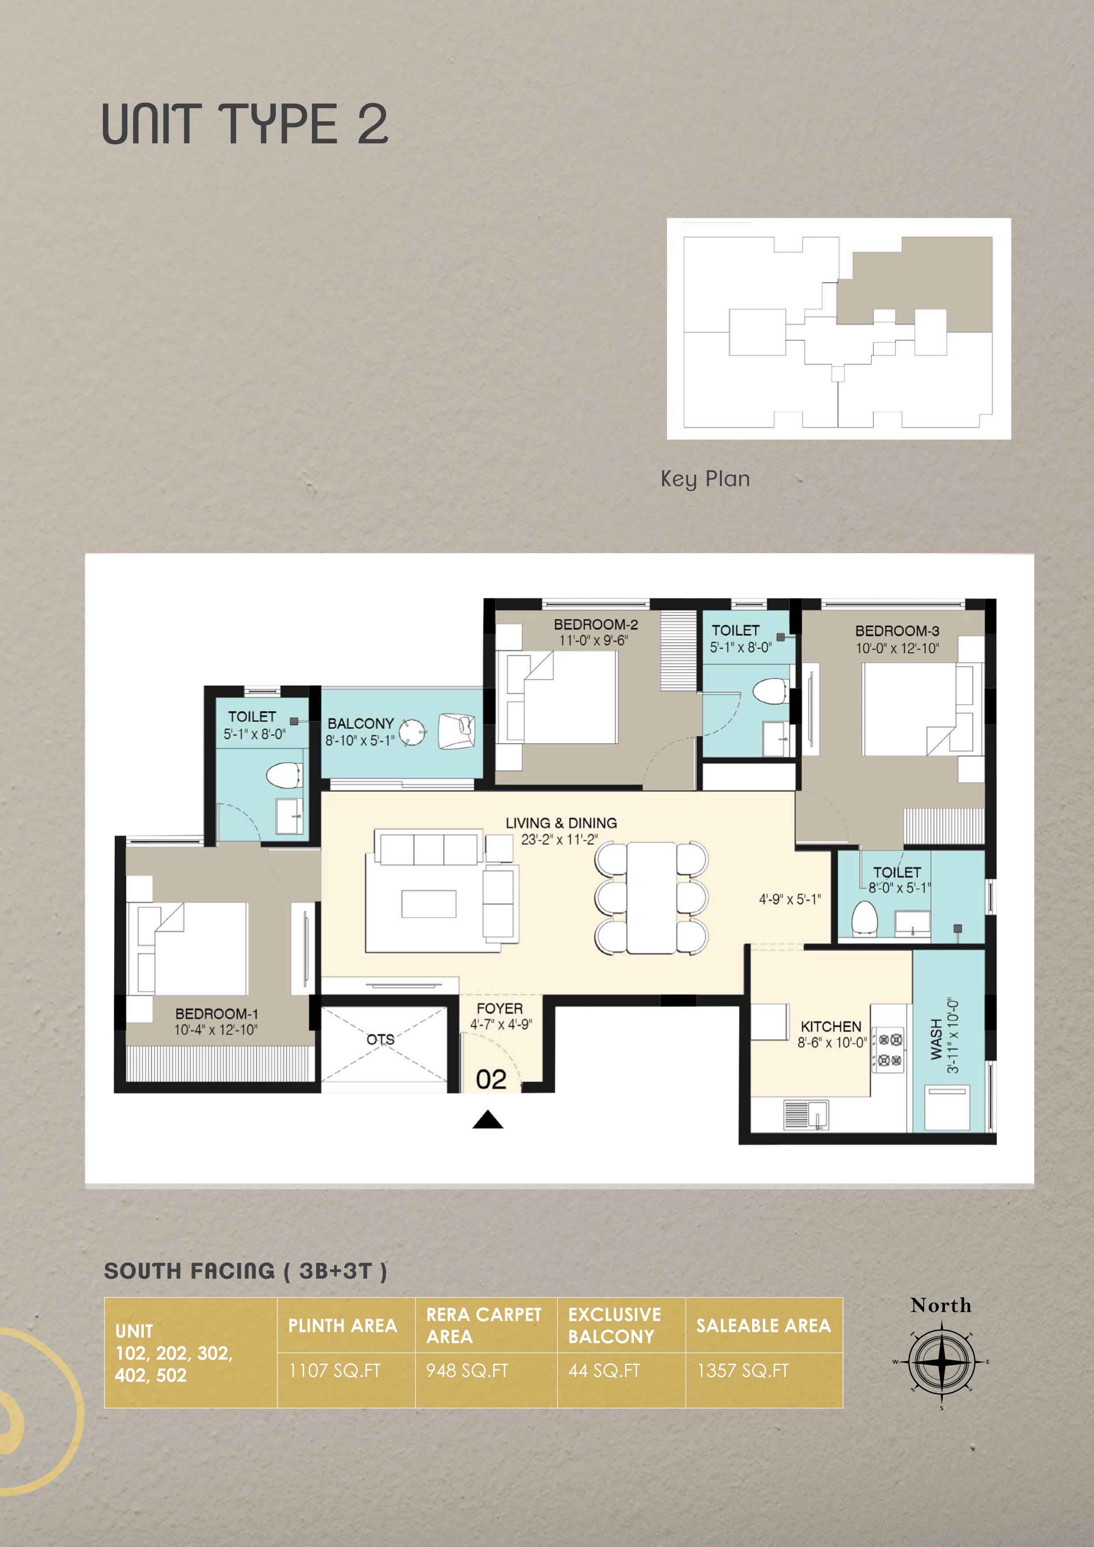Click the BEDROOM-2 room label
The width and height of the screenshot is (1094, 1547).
coord(596,625)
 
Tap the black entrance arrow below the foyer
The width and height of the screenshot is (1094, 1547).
coord(488,1120)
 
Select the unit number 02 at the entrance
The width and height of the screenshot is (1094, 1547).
coord(491,1079)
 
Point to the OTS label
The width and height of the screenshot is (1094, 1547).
coord(381,1039)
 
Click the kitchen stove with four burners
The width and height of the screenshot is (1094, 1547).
coord(889,1049)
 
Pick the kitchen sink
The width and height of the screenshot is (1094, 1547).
coord(806,1114)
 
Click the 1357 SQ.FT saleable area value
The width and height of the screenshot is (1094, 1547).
coord(743,1371)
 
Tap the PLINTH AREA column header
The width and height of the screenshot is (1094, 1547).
coord(342,1326)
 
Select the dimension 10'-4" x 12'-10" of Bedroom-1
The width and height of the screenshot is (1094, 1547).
coord(216,1030)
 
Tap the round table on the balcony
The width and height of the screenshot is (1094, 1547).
coord(412,731)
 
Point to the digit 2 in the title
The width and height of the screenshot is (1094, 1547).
coord(372,125)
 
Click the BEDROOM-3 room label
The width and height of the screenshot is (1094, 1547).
coord(897,631)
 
